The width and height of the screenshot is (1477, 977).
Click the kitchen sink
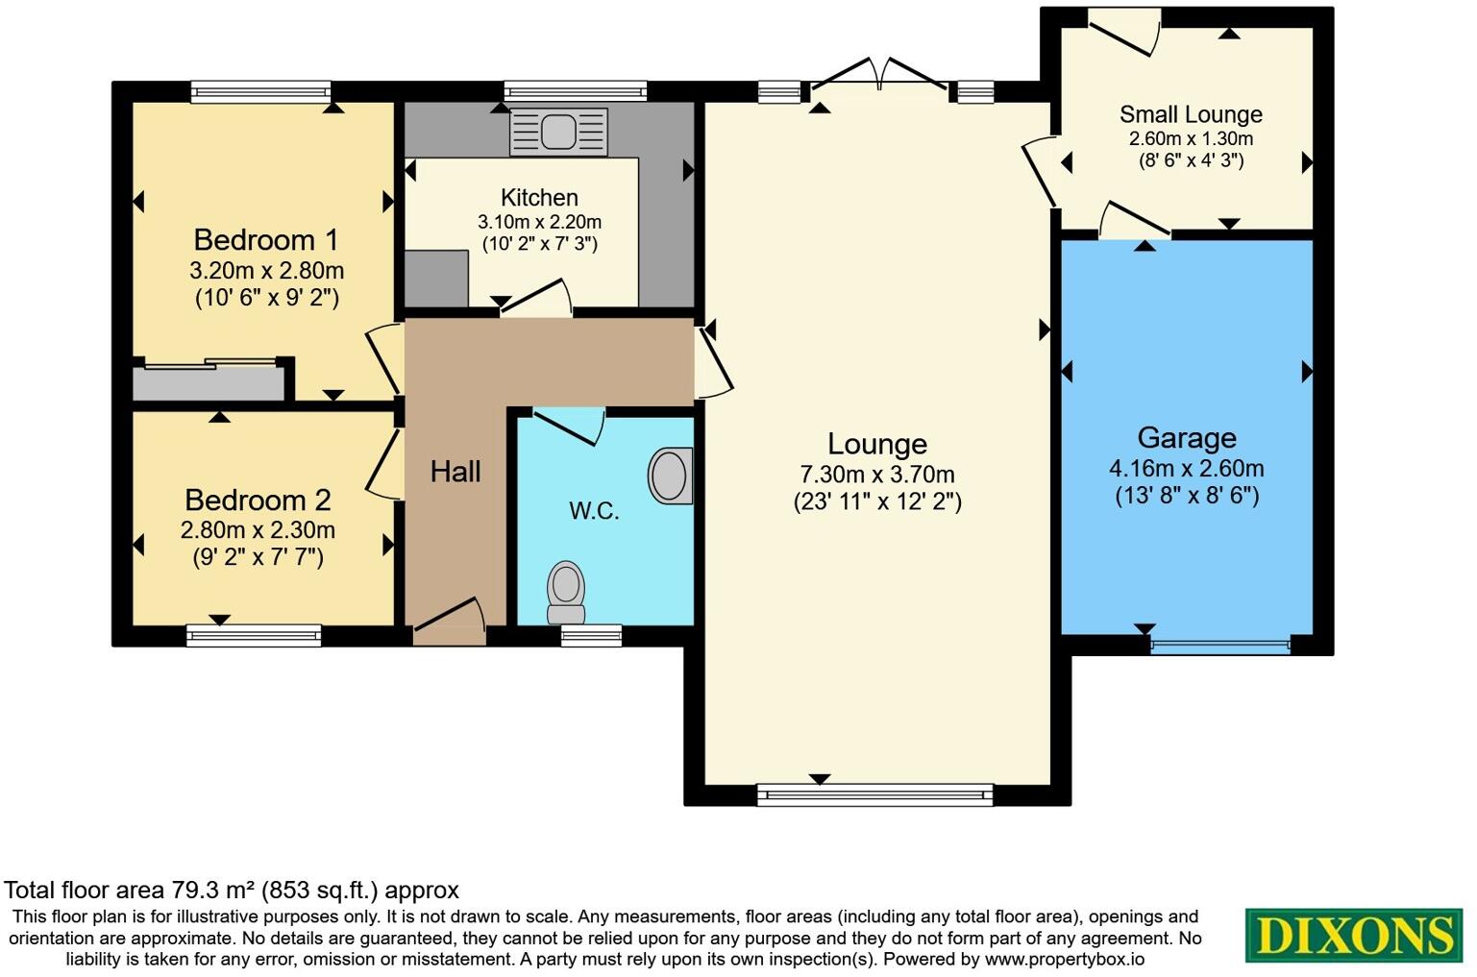coord(558,132)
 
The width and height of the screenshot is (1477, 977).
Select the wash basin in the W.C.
coord(671,476)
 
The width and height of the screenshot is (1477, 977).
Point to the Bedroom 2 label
coord(258,500)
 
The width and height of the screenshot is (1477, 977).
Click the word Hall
coord(455,471)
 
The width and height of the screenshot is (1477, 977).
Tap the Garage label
coord(1187,438)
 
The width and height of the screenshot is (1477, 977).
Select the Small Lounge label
coord(1191,114)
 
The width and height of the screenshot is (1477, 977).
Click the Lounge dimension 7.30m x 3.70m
coord(877,475)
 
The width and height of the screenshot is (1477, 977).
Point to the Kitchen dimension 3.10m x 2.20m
coord(539,222)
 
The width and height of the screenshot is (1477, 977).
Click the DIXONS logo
coord(1354,935)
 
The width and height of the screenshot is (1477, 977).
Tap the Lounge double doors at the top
coord(880,77)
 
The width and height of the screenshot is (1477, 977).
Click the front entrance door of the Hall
coord(449,623)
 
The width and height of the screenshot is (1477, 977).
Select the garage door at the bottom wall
coord(1219,646)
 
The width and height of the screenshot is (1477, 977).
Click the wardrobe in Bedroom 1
coord(209,382)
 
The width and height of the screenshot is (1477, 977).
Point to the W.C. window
coord(591,635)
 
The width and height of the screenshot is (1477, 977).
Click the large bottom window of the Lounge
coord(874,794)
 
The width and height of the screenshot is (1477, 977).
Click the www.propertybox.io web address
coord(1064,959)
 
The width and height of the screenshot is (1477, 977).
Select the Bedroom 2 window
coord(254,635)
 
